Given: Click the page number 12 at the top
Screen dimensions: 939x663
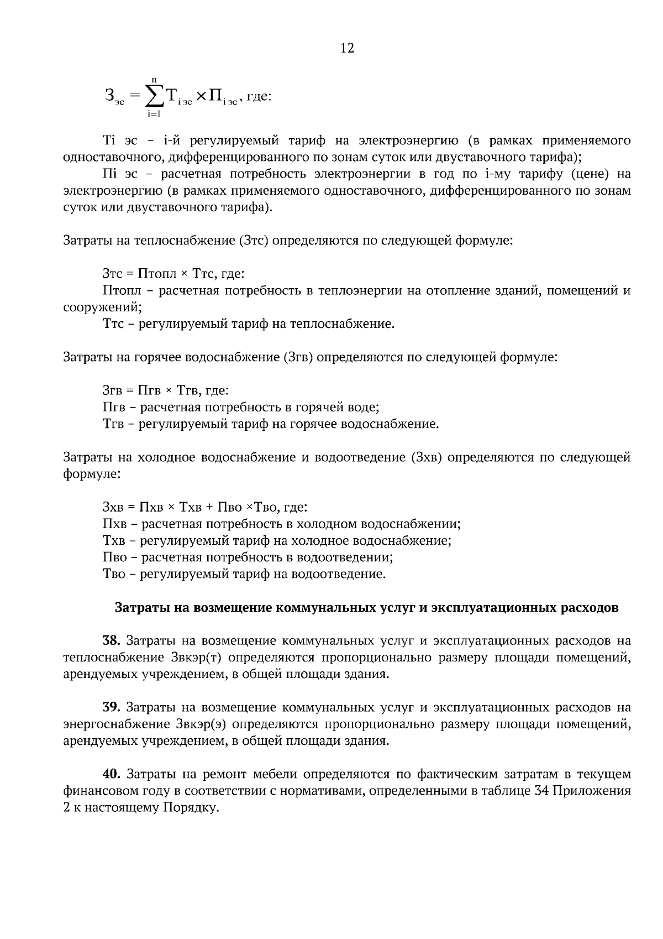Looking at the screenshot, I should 348,48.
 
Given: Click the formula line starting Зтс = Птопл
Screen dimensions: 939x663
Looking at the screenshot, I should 173,274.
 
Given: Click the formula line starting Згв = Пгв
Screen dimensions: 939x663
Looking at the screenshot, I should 166,391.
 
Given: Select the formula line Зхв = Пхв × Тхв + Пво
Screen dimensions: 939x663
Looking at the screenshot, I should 205,507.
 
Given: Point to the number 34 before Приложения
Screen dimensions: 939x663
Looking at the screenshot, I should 543,791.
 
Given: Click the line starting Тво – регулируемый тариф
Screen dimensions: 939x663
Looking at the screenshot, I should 244,574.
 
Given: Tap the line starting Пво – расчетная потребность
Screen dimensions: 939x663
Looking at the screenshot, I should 248,557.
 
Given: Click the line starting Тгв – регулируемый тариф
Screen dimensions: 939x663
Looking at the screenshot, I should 271,424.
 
